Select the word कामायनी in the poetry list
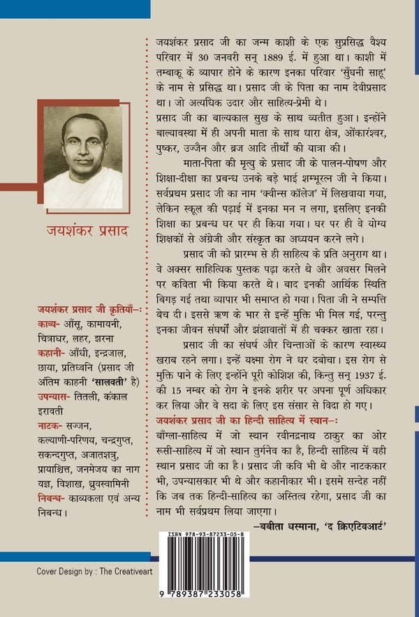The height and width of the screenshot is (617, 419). (106, 324)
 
